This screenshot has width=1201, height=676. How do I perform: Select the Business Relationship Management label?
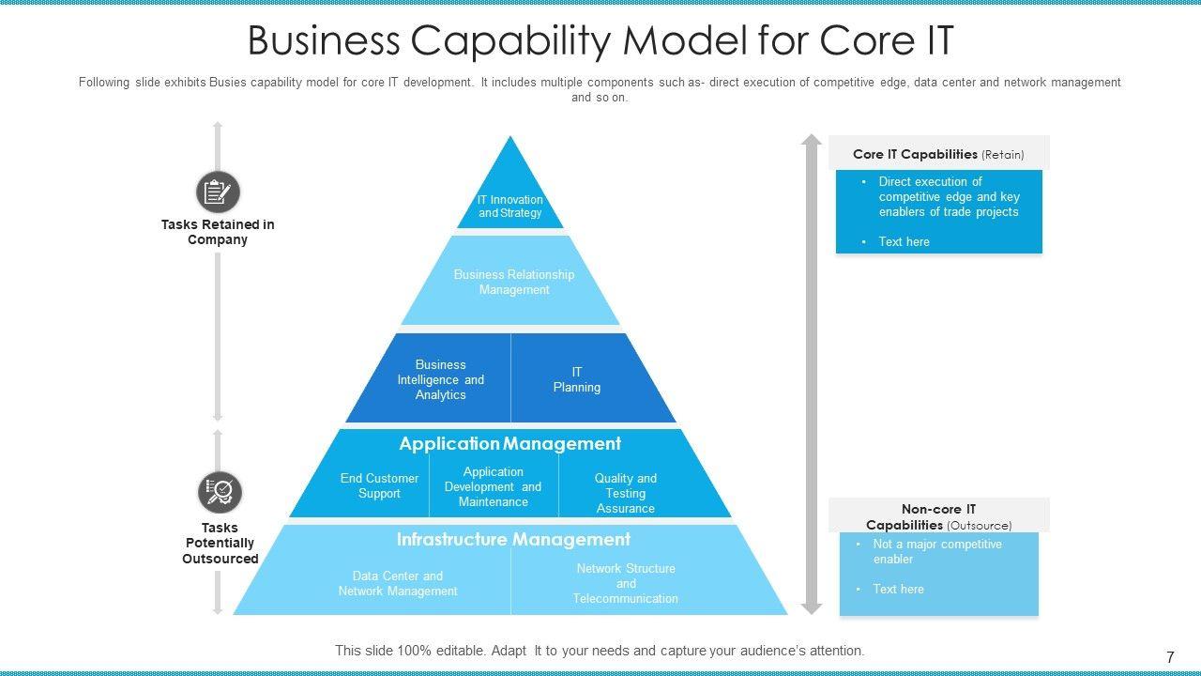(x=513, y=282)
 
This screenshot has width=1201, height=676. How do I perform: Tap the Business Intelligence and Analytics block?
(x=440, y=379)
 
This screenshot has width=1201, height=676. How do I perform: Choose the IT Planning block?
(x=576, y=379)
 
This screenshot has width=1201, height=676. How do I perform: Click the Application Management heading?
(x=509, y=443)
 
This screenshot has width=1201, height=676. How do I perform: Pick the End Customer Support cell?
(x=379, y=485)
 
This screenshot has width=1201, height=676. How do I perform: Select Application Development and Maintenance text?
(x=493, y=486)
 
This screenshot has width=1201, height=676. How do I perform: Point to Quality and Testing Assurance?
(x=625, y=493)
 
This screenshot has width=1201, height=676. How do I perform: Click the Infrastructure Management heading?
(x=513, y=539)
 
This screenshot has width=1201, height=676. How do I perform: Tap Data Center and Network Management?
(x=398, y=583)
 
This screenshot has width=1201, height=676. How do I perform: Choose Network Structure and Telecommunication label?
(x=625, y=583)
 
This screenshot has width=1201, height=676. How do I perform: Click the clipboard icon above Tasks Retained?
(x=218, y=192)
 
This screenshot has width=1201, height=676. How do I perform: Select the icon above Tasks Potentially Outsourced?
(x=220, y=491)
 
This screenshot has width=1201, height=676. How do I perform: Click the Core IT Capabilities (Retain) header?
(x=938, y=154)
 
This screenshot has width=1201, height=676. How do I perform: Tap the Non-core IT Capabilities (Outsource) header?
(x=938, y=516)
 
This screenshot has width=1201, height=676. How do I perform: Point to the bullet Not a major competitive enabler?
(x=936, y=551)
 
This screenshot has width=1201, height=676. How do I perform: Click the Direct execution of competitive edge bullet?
(x=948, y=196)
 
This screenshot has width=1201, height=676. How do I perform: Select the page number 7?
(x=1170, y=657)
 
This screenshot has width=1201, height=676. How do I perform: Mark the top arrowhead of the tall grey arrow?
(x=812, y=141)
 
